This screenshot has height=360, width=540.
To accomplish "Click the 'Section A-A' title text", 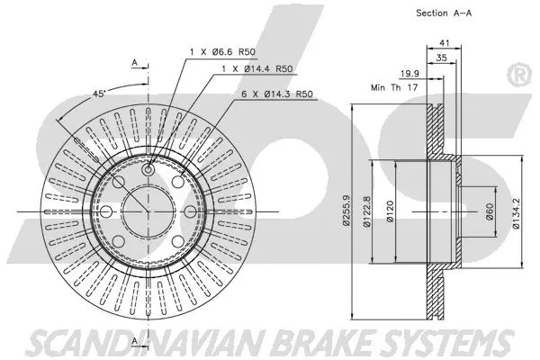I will (445, 13).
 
